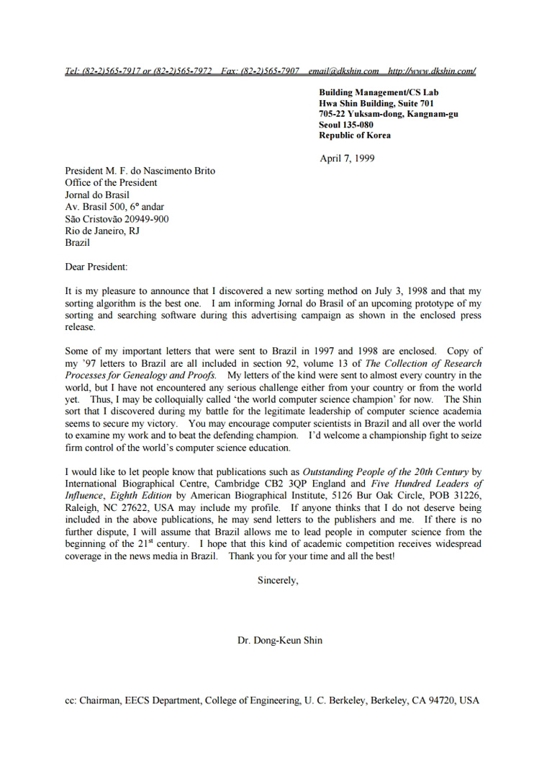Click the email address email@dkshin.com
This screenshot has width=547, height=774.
click(x=343, y=71)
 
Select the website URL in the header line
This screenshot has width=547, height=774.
click(x=432, y=71)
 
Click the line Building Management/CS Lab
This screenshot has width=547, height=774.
click(x=379, y=92)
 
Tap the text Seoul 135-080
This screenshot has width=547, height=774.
click(x=346, y=125)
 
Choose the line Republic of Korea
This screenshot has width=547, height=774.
click(x=355, y=135)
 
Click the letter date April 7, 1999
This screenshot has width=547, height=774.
click(x=347, y=159)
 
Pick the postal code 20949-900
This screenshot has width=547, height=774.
click(x=145, y=219)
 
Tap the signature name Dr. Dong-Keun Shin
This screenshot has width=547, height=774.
click(x=280, y=640)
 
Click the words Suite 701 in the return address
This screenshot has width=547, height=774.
click(x=413, y=103)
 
